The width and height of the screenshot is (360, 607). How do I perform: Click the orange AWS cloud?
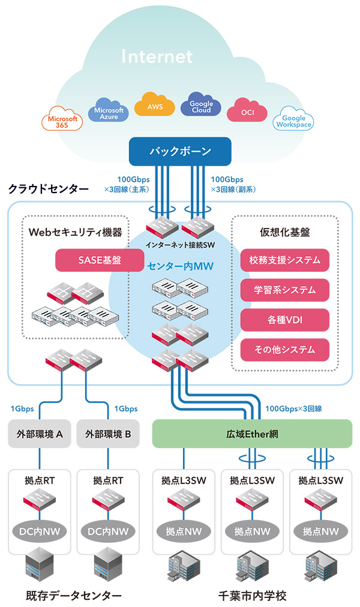pyautogui.click(x=155, y=106)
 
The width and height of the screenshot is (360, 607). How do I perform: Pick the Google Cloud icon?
pyautogui.click(x=201, y=106)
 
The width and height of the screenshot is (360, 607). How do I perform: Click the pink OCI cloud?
pyautogui.click(x=247, y=112)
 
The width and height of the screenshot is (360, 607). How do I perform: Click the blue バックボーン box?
pyautogui.click(x=180, y=151)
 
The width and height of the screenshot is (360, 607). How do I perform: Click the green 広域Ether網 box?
pyautogui.click(x=252, y=433)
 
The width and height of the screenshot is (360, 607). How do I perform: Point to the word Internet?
pyautogui.click(x=157, y=57)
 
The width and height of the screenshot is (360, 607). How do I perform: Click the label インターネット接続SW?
pyautogui.click(x=180, y=245)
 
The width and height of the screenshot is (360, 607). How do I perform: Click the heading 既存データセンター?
pyautogui.click(x=74, y=596)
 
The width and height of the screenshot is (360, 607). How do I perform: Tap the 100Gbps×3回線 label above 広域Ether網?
pyautogui.click(x=293, y=409)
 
